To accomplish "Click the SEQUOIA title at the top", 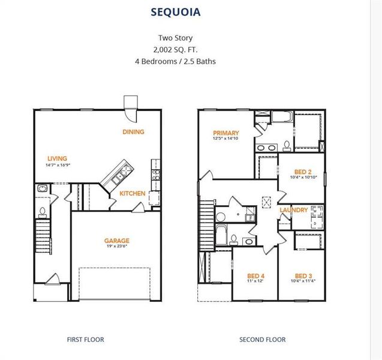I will pos(176,12).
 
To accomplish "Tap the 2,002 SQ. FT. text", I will pos(175,49).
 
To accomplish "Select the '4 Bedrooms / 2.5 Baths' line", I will pos(176,61).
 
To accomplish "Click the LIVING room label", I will pos(57,158).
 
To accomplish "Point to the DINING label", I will pos(133,132).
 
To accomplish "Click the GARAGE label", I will pos(117,241).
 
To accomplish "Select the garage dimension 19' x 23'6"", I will pos(117,247).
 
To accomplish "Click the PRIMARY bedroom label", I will pos(225,133).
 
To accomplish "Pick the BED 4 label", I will pos(255,275).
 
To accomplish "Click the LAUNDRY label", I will pos(293,210).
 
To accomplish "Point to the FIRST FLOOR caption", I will pos(85,340).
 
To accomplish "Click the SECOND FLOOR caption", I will pos(263,340).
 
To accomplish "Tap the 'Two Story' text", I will pos(175,38).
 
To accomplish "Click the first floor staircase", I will pos(42,235).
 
